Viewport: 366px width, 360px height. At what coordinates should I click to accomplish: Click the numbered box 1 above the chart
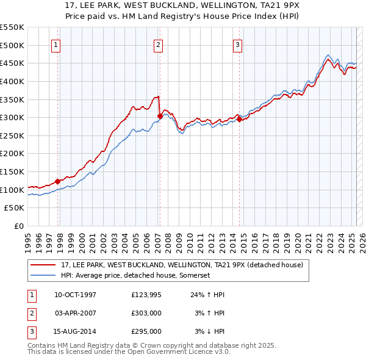(x=56, y=44)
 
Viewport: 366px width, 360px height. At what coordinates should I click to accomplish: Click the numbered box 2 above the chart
(x=158, y=44)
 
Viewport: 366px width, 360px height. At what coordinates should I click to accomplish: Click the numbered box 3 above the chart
(x=237, y=44)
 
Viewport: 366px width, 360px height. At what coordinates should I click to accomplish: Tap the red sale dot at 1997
(x=58, y=181)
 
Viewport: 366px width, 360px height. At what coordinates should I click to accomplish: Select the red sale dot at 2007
(x=160, y=116)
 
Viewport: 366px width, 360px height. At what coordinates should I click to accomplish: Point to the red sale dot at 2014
(x=239, y=119)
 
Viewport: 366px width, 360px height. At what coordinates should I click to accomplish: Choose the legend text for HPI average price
(x=135, y=275)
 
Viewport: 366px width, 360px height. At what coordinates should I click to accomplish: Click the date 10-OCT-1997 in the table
(x=75, y=295)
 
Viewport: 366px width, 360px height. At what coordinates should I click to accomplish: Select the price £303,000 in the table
(x=146, y=313)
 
